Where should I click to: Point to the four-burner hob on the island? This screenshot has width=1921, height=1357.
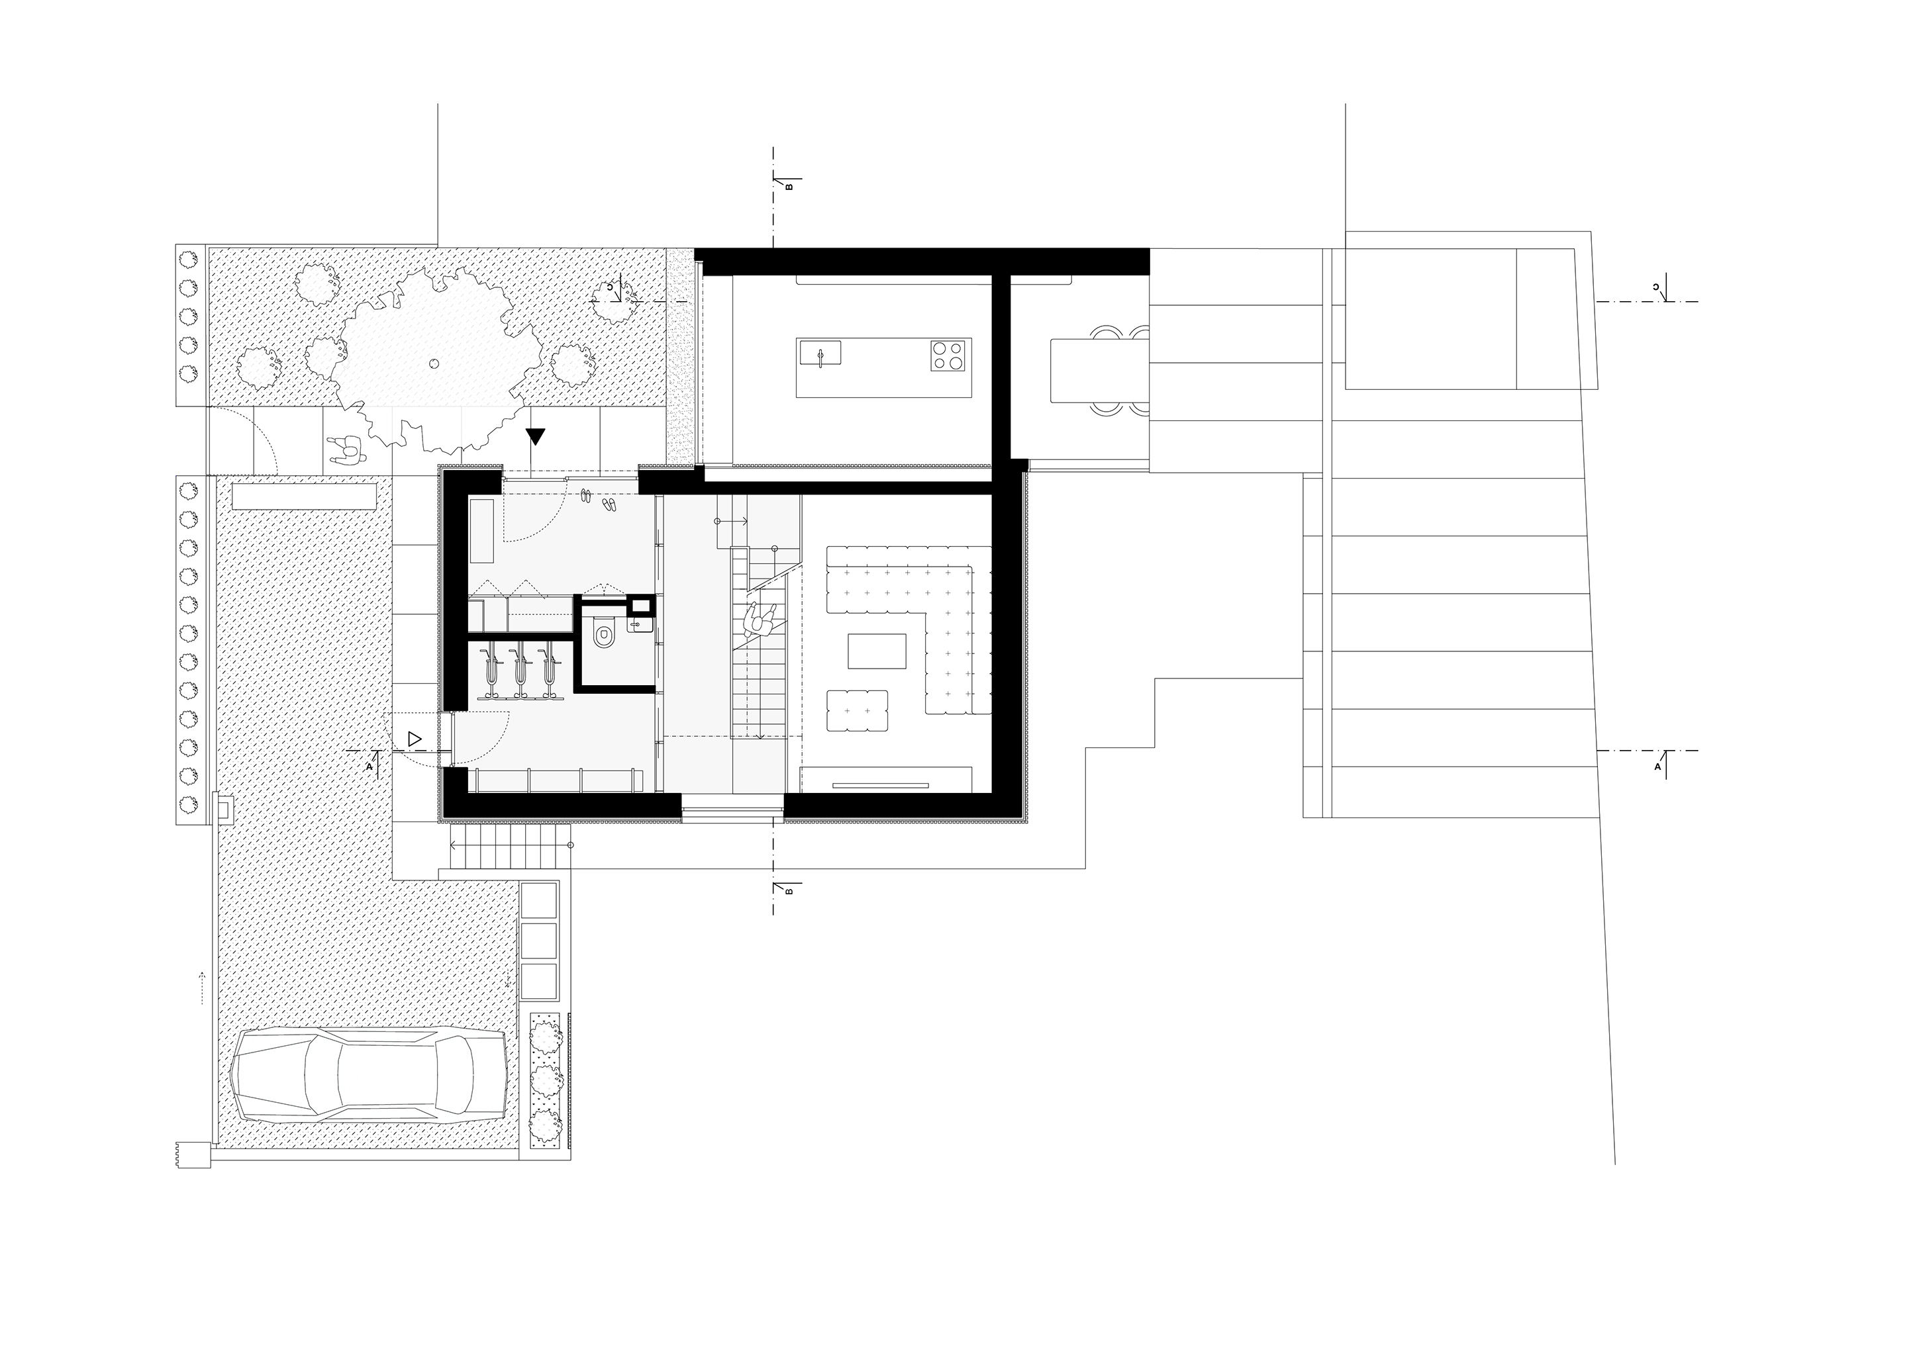[x=950, y=355]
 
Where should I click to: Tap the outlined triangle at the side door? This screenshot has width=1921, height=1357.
[x=414, y=739]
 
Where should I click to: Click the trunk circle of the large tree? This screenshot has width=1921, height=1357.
[x=432, y=363]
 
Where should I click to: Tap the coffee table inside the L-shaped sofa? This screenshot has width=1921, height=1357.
[x=877, y=651]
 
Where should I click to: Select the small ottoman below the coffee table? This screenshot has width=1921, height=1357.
[x=857, y=710]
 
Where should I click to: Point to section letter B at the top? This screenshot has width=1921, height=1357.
[x=788, y=187]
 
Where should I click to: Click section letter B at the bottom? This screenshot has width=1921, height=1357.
[x=788, y=892]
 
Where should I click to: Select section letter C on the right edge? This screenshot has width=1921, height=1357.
[x=1657, y=288]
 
